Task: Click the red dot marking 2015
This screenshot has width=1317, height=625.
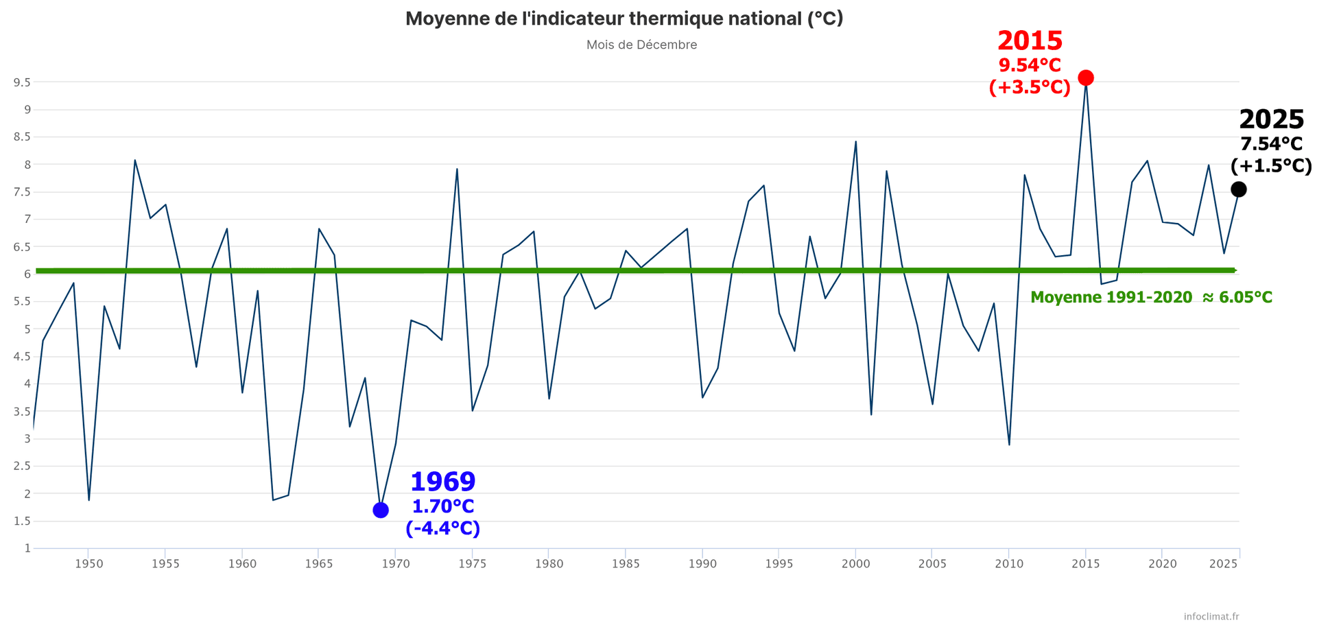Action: pyautogui.click(x=1085, y=78)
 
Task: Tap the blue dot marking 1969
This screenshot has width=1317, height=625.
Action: pyautogui.click(x=381, y=510)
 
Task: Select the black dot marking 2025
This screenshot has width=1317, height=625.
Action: pyautogui.click(x=1238, y=189)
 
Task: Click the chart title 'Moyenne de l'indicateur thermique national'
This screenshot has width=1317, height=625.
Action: pyautogui.click(x=624, y=19)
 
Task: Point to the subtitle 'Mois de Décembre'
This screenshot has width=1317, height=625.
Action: pyautogui.click(x=641, y=45)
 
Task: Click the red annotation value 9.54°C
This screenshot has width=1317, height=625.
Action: pyautogui.click(x=1030, y=66)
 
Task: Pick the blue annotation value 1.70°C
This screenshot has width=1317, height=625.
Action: pyautogui.click(x=442, y=507)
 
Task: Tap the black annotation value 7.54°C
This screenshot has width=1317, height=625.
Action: pyautogui.click(x=1271, y=144)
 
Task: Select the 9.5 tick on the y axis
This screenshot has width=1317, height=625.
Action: pyautogui.click(x=21, y=82)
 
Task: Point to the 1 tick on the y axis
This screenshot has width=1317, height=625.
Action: pyautogui.click(x=27, y=548)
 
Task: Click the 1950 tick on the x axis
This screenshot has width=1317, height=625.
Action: pyautogui.click(x=88, y=564)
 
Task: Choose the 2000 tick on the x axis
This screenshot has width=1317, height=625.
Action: pyautogui.click(x=855, y=564)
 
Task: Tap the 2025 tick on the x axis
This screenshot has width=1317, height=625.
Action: pyautogui.click(x=1223, y=564)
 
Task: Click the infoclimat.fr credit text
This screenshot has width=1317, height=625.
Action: pyautogui.click(x=1211, y=617)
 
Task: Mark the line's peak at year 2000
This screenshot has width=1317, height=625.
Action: pyautogui.click(x=855, y=142)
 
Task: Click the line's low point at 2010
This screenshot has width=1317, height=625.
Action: pyautogui.click(x=1009, y=445)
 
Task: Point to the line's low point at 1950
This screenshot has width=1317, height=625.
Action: pyautogui.click(x=88, y=500)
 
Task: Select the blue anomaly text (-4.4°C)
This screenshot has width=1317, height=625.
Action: pyautogui.click(x=442, y=529)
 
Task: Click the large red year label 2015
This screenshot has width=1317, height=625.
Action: pyautogui.click(x=1030, y=41)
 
